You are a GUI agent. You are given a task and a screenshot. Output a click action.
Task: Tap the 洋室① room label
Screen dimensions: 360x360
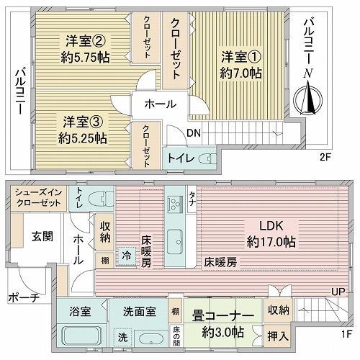pyautogui.click(x=240, y=57)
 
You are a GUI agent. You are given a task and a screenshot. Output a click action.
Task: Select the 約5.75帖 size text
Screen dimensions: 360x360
pyautogui.click(x=86, y=58)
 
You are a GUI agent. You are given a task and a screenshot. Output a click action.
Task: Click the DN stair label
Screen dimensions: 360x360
pyautogui.click(x=194, y=133)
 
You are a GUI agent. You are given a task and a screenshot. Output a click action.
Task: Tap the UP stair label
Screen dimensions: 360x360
pyautogui.click(x=338, y=292)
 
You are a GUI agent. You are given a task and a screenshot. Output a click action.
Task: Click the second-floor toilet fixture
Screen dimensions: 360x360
pyautogui.click(x=208, y=158)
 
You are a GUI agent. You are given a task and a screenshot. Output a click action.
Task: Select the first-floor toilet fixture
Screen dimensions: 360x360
pyautogui.click(x=101, y=199)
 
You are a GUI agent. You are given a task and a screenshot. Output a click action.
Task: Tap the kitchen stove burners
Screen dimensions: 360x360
pyautogui.click(x=175, y=204)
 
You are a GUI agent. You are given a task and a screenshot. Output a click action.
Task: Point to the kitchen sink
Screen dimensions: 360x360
pyautogui.click(x=175, y=241)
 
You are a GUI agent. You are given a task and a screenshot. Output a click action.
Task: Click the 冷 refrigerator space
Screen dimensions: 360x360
pyautogui.click(x=126, y=256)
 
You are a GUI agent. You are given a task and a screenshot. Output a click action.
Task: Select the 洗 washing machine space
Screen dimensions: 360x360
pyautogui.click(x=122, y=338)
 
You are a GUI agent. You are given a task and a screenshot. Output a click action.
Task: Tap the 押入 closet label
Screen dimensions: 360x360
pyautogui.click(x=278, y=336)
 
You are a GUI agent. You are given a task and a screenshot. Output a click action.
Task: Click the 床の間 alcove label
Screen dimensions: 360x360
pyautogui.click(x=176, y=336)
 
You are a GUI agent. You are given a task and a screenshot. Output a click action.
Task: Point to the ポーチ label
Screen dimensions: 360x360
pyautogui.click(x=24, y=297)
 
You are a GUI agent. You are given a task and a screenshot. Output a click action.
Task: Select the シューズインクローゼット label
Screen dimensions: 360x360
pyautogui.click(x=38, y=198)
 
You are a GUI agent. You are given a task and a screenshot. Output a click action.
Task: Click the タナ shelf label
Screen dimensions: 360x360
pyautogui.click(x=192, y=199)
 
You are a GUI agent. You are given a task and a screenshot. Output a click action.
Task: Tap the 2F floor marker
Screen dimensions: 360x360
pyautogui.click(x=325, y=158)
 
